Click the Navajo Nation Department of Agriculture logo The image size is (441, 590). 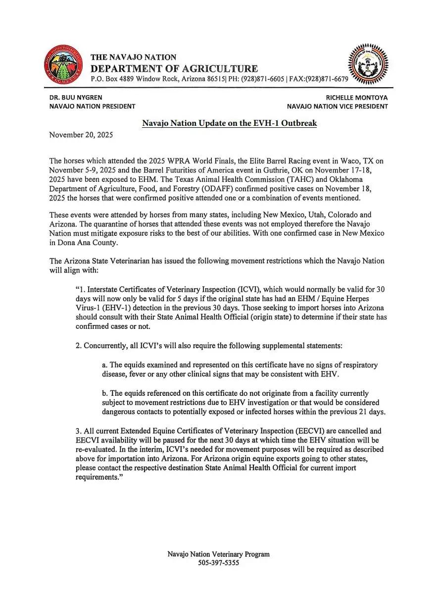pos(63,64)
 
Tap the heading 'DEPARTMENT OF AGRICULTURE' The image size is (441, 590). pos(174,68)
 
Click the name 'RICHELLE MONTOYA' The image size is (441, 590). pos(357,98)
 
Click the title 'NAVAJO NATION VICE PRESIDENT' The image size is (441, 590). pos(338,106)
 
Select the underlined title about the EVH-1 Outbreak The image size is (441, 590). pos(229,123)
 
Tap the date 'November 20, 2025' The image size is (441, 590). pos(81,135)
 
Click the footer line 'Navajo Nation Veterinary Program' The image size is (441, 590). pos(218,554)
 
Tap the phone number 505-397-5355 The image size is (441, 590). pos(218,563)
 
